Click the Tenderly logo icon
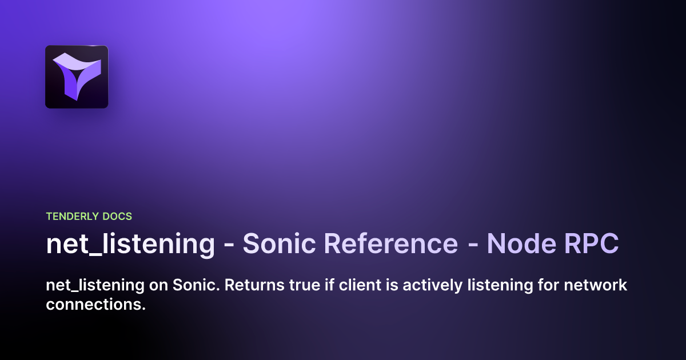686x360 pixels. pyautogui.click(x=77, y=77)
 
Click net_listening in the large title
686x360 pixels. pyautogui.click(x=130, y=244)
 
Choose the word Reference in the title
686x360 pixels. pyautogui.click(x=390, y=244)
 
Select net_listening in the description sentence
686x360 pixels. pyautogui.click(x=93, y=285)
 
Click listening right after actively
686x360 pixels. pyautogui.click(x=487, y=285)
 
